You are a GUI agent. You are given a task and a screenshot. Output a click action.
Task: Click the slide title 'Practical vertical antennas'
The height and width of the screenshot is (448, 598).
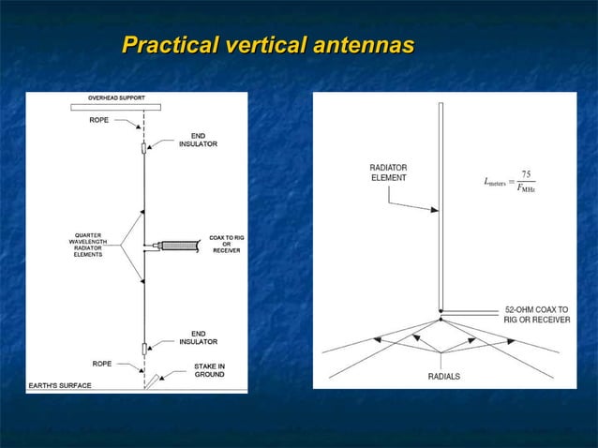pyautogui.click(x=268, y=44)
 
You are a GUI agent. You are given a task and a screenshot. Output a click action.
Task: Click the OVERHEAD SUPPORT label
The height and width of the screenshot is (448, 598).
pyautogui.click(x=116, y=97)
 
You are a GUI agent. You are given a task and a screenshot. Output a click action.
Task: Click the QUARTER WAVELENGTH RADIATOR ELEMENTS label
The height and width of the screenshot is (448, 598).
pyautogui.click(x=89, y=245)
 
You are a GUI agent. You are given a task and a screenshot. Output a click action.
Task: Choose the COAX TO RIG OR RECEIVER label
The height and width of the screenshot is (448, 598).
pyautogui.click(x=226, y=244)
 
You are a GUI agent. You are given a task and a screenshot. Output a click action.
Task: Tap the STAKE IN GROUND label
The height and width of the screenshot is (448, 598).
pyautogui.click(x=208, y=369)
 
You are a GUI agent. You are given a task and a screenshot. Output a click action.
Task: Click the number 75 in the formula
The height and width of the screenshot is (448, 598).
pyautogui.click(x=526, y=174)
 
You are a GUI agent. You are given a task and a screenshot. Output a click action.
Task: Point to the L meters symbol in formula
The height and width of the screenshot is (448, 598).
pyautogui.click(x=495, y=184)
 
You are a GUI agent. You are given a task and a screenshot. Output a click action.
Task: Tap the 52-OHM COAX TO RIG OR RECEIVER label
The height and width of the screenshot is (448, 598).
pyautogui.click(x=536, y=313)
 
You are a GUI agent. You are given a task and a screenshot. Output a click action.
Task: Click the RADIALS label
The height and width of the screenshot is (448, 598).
pyautogui.click(x=443, y=377)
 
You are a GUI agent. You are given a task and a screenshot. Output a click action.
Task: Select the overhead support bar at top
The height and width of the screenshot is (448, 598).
pyautogui.click(x=116, y=107)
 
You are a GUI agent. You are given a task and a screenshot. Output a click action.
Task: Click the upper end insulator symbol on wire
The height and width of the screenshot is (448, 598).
pyautogui.click(x=143, y=148)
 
